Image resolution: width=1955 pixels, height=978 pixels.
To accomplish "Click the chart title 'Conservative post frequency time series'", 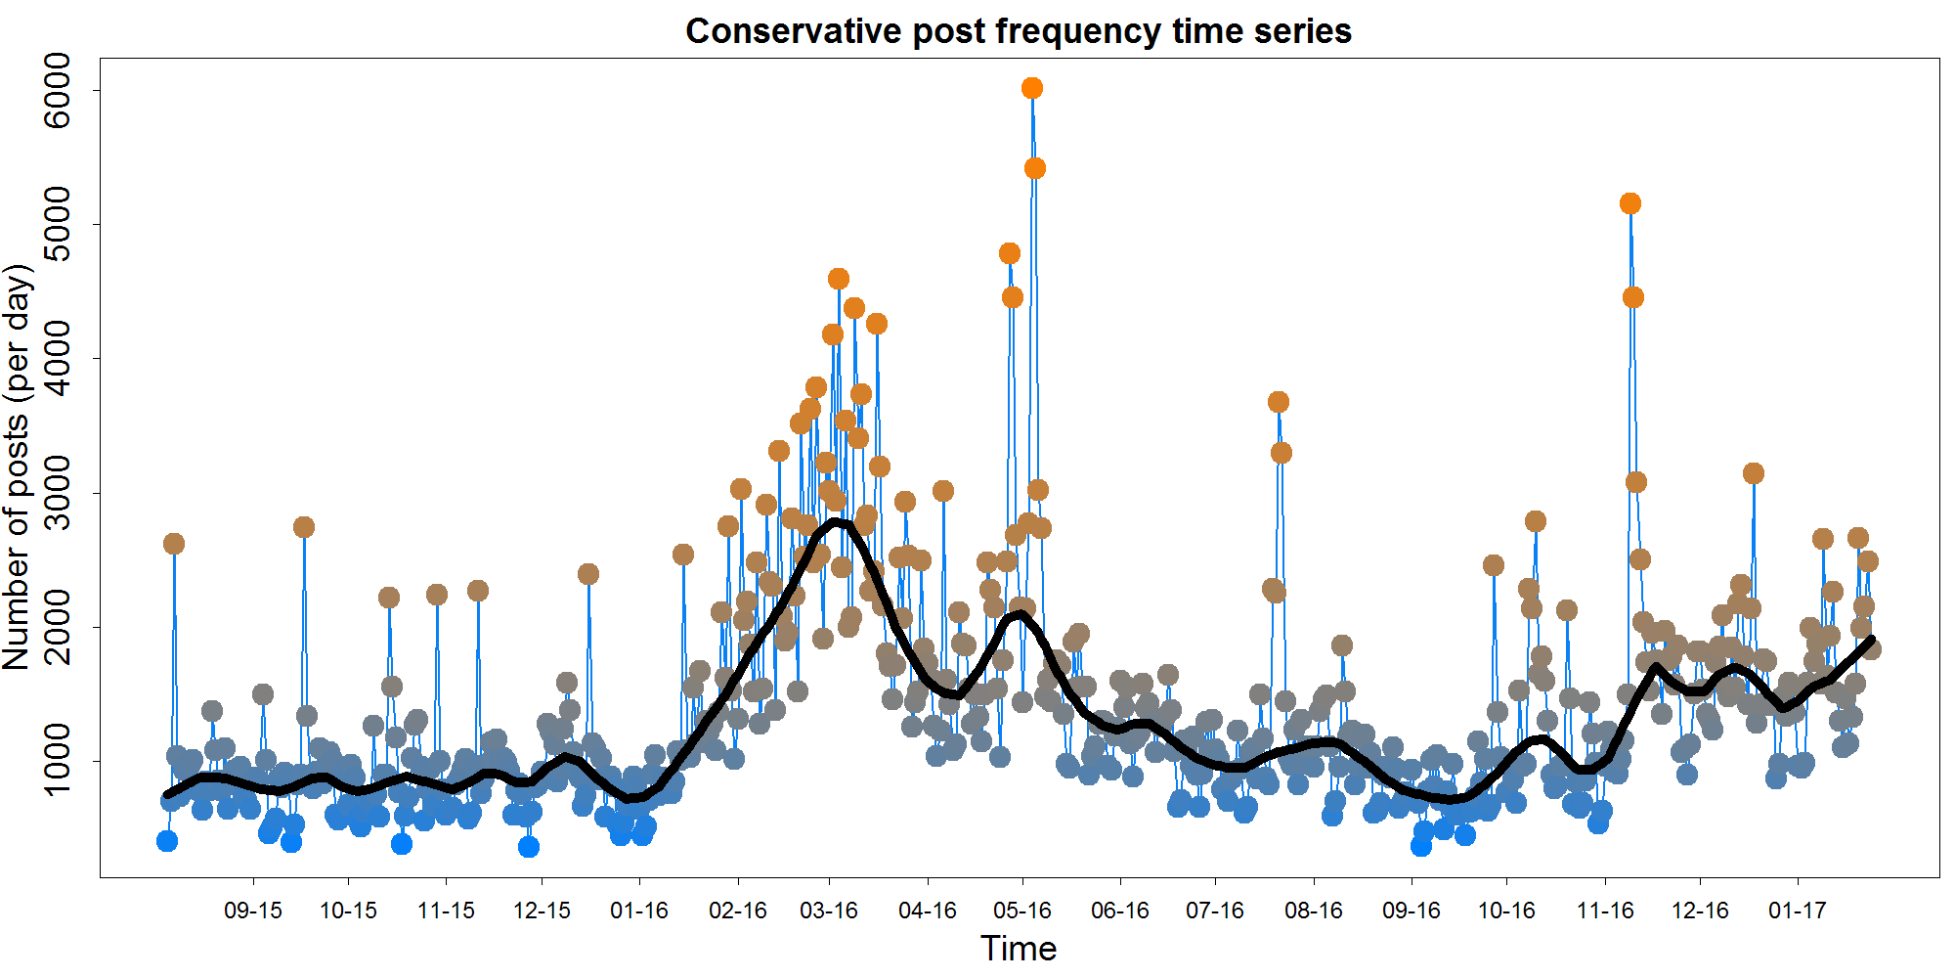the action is [1019, 31].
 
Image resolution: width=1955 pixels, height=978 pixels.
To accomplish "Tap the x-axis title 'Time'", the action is [1019, 949].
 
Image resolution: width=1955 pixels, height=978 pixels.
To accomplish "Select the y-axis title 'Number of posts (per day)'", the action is [18, 467].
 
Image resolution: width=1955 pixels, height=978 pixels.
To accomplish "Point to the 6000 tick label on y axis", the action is [58, 90].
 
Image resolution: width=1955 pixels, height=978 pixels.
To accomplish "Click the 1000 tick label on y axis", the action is [58, 760].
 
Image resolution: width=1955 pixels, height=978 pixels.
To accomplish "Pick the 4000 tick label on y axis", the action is [58, 358].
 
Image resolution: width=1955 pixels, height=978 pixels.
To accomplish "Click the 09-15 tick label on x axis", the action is [253, 911].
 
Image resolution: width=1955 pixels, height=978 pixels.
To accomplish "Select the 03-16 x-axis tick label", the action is [829, 911].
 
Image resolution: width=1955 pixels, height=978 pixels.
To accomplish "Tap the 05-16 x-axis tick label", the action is [1022, 911].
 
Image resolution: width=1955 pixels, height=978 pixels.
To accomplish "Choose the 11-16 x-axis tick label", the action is [1605, 911].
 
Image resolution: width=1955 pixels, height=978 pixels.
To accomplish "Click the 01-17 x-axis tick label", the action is [1798, 911].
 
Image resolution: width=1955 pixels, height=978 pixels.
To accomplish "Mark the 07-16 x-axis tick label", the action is [1215, 911].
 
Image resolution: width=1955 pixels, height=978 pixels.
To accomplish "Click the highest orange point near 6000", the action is [1032, 88].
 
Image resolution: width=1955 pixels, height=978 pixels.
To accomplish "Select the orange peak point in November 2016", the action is [1630, 203].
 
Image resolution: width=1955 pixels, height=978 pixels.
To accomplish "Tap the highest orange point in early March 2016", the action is [839, 279].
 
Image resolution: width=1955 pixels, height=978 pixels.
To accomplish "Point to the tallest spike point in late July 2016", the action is [1279, 402].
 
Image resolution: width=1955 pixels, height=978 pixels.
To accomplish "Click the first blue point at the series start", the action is [167, 841].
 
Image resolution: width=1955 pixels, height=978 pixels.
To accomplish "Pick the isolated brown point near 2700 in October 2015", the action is [304, 527].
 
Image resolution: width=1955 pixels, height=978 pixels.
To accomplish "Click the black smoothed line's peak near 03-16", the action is [837, 522].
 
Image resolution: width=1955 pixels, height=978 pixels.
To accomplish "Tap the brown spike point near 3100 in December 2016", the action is [1754, 473].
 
